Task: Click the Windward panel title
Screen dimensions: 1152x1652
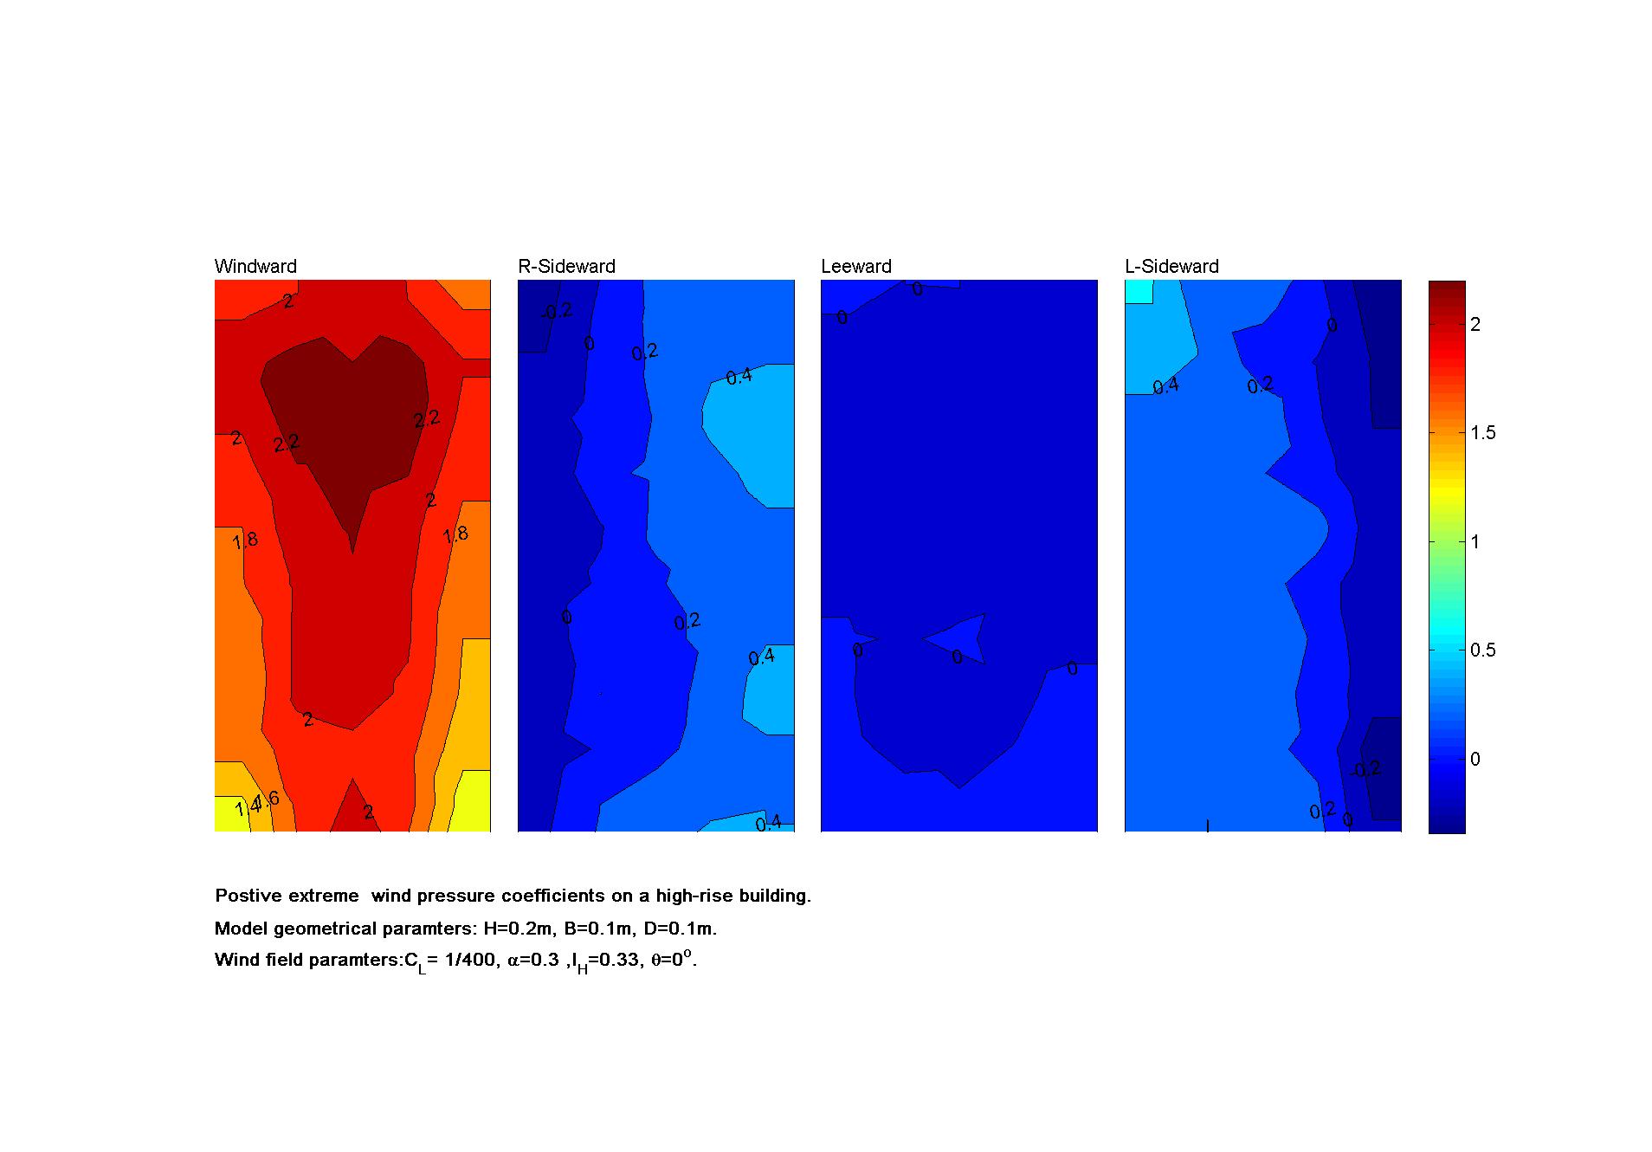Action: pyautogui.click(x=255, y=267)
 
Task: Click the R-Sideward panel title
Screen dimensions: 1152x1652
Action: pyautogui.click(x=566, y=267)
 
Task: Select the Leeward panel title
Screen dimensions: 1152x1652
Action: pyautogui.click(x=855, y=267)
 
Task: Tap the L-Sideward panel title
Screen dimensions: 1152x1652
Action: pyautogui.click(x=1171, y=267)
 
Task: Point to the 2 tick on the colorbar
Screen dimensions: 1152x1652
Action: pyautogui.click(x=1475, y=324)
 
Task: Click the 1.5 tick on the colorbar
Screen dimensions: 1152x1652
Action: pyautogui.click(x=1482, y=433)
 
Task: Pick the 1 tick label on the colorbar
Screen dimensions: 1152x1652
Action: pyautogui.click(x=1475, y=542)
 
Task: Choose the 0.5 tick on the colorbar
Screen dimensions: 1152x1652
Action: pyautogui.click(x=1482, y=650)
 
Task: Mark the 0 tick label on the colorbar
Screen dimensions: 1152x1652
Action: pyautogui.click(x=1475, y=760)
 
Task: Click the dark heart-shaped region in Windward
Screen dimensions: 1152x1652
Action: pyautogui.click(x=346, y=416)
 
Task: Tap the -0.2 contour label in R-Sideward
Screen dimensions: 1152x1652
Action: pyautogui.click(x=556, y=311)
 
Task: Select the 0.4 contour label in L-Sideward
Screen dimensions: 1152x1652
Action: pyautogui.click(x=1165, y=386)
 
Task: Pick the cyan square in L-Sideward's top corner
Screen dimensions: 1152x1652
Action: pyautogui.click(x=1139, y=291)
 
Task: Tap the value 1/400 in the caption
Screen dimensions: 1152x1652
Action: pyautogui.click(x=470, y=960)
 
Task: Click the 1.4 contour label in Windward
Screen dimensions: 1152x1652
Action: pyautogui.click(x=246, y=809)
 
